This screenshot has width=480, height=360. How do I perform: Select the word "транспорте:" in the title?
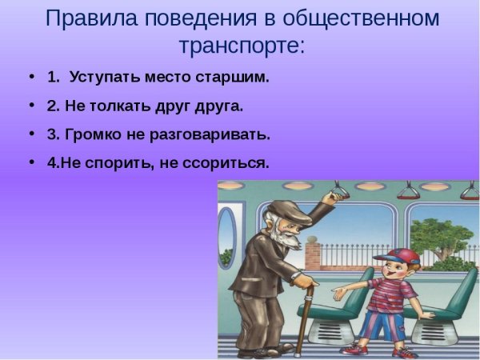239,45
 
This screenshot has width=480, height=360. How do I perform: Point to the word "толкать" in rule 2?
121,106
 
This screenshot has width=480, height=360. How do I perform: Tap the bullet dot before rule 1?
31,78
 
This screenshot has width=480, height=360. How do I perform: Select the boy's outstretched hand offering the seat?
339,294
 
